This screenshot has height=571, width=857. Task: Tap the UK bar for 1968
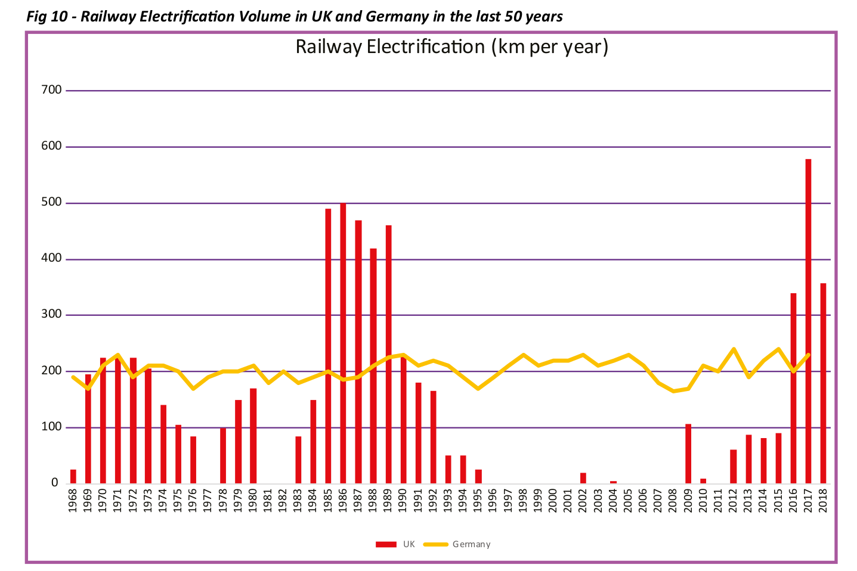click(x=73, y=476)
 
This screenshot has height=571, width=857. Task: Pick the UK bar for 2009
click(x=688, y=454)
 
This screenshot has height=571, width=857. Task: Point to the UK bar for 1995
click(x=478, y=476)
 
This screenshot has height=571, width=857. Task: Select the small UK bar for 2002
click(x=583, y=478)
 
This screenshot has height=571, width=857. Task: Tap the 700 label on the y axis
click(x=52, y=90)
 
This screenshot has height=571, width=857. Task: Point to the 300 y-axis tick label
click(x=52, y=315)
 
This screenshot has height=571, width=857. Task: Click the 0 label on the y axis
click(x=55, y=483)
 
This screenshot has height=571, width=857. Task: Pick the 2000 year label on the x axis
click(x=553, y=499)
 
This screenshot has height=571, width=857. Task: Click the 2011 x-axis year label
click(x=719, y=499)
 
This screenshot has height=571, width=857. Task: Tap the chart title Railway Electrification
click(x=451, y=46)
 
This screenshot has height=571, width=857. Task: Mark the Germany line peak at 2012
click(x=733, y=349)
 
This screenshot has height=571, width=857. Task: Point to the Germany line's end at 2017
click(x=808, y=355)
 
